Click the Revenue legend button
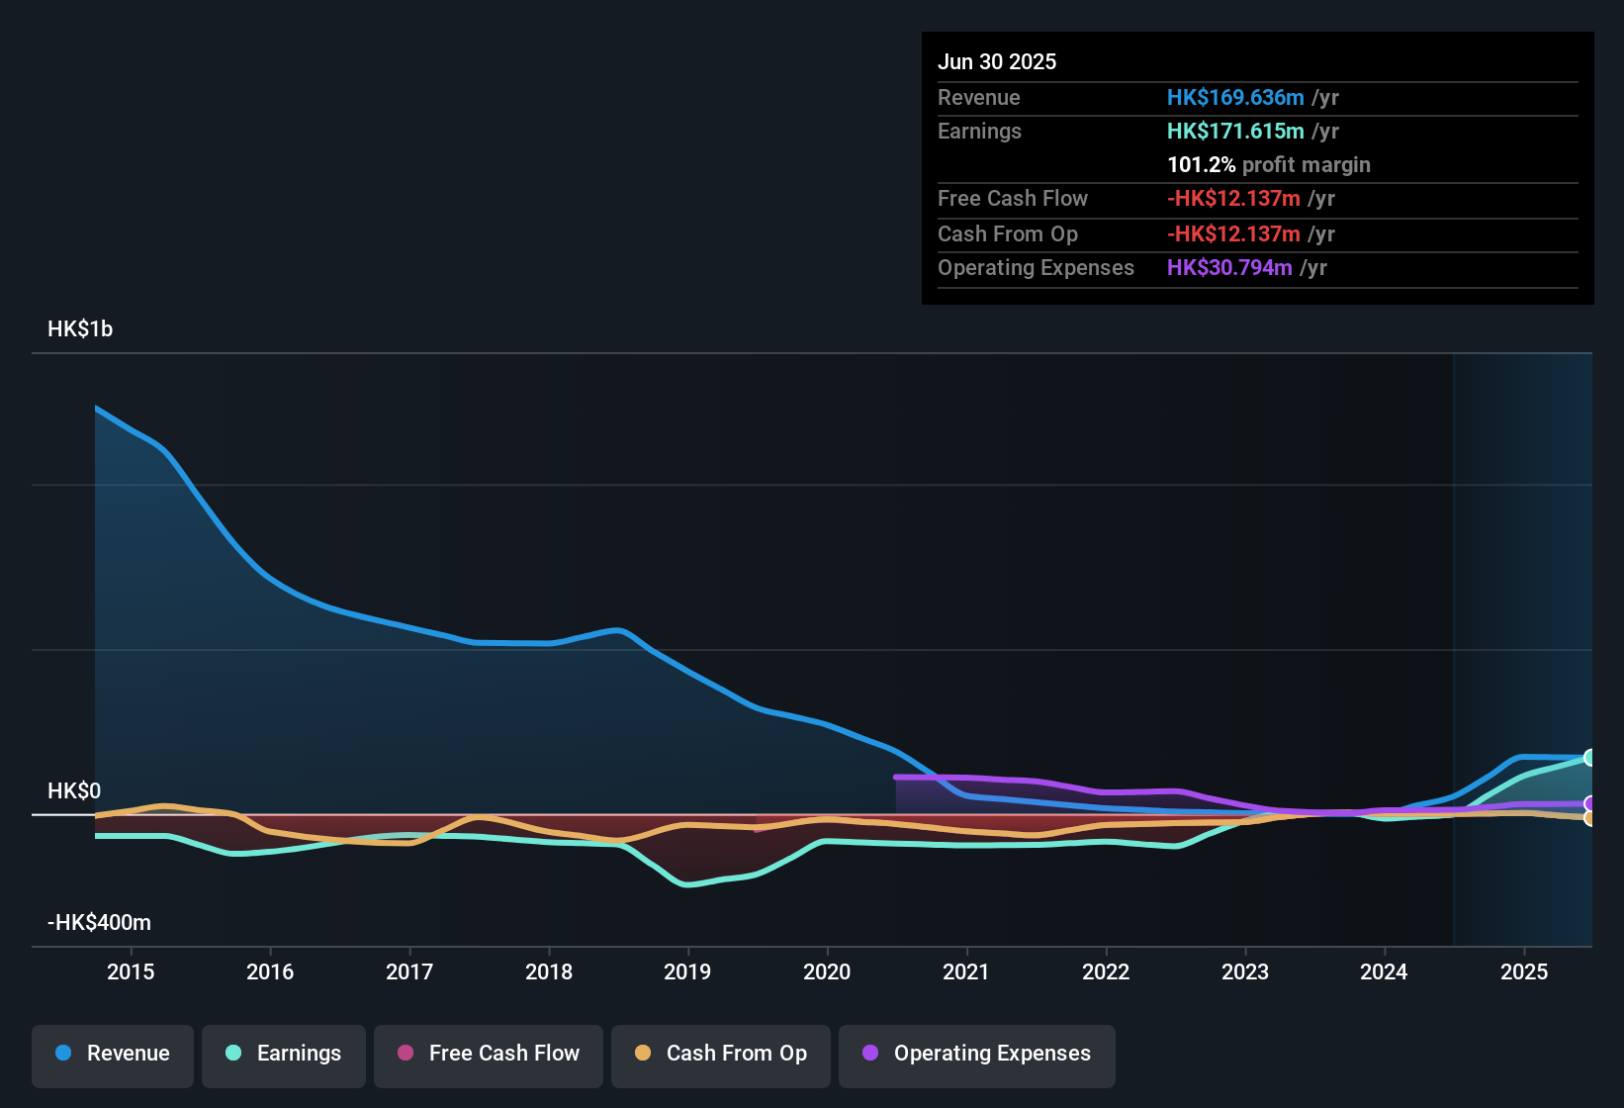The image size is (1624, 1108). pyautogui.click(x=113, y=1054)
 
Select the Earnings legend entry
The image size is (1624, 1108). pyautogui.click(x=284, y=1054)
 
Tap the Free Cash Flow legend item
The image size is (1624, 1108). pyautogui.click(x=489, y=1054)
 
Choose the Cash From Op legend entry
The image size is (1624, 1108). pyautogui.click(x=721, y=1054)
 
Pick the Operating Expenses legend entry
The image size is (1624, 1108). pyautogui.click(x=977, y=1054)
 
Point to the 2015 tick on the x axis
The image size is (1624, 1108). pyautogui.click(x=131, y=972)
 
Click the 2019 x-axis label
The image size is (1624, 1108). pyautogui.click(x=687, y=972)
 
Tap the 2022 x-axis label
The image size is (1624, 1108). pyautogui.click(x=1106, y=972)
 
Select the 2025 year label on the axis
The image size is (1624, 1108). pyautogui.click(x=1524, y=972)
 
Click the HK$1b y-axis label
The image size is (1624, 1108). pyautogui.click(x=80, y=329)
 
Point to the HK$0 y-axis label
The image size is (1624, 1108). pyautogui.click(x=74, y=791)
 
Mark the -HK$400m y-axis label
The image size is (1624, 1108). pyautogui.click(x=99, y=923)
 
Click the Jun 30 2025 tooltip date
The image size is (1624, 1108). pyautogui.click(x=997, y=62)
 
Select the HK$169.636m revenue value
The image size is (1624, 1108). pyautogui.click(x=1235, y=98)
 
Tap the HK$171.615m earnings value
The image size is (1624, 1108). pyautogui.click(x=1235, y=132)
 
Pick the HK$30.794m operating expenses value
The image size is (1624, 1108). pyautogui.click(x=1229, y=268)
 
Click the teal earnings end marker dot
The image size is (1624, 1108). pyautogui.click(x=1589, y=758)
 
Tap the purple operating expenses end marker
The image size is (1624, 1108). pyautogui.click(x=1589, y=803)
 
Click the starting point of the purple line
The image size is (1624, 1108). pyautogui.click(x=896, y=778)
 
